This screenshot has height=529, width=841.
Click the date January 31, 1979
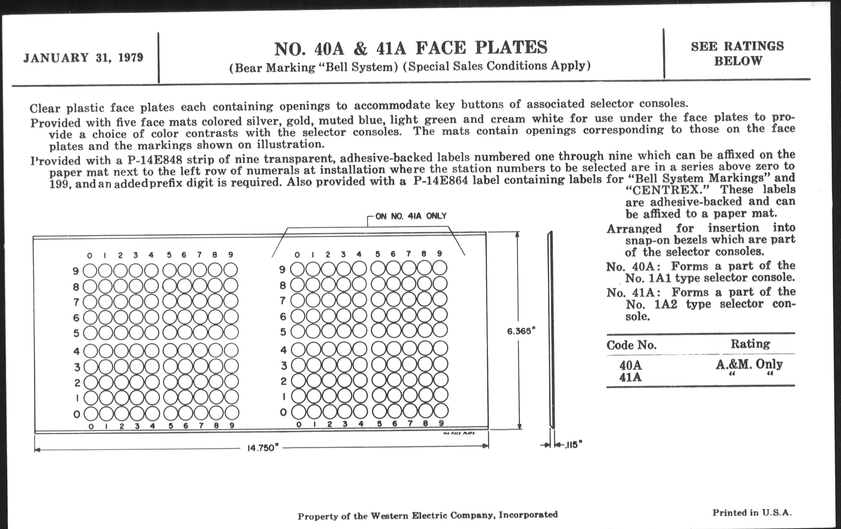83,58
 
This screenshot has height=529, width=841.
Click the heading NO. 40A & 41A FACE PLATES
410,48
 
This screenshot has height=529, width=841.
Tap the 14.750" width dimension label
261,448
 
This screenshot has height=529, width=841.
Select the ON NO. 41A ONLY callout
411,216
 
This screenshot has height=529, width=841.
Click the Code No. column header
631,345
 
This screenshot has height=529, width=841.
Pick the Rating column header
750,344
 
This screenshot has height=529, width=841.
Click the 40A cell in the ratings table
631,365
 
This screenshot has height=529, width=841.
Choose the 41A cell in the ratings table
631,378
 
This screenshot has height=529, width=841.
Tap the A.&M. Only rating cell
749,364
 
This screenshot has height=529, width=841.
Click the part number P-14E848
155,160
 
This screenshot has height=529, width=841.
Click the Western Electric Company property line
427,515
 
